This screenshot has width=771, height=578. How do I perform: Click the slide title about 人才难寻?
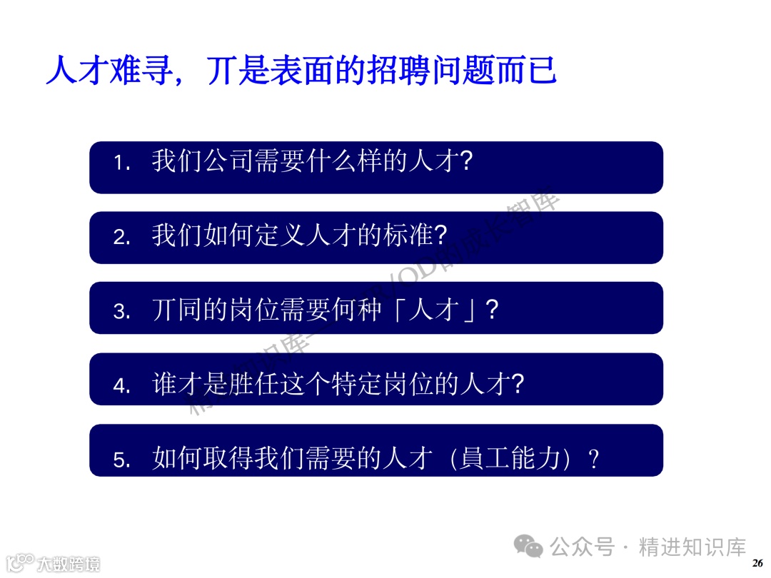[x=301, y=71]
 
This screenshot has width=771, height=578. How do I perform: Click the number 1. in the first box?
[x=122, y=163]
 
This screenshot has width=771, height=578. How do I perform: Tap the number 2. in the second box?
[x=122, y=238]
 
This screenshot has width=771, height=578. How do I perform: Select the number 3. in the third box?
[x=122, y=312]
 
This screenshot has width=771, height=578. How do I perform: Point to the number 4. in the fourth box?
[x=122, y=386]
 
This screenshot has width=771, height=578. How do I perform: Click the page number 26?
[x=757, y=562]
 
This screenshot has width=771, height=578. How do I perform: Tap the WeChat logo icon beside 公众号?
[x=530, y=547]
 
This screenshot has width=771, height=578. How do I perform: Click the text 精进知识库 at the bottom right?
[x=692, y=547]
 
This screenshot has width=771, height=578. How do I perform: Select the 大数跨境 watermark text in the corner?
[x=69, y=563]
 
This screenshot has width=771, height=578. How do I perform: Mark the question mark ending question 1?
[x=465, y=161]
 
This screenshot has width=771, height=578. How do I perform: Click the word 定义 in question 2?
[x=284, y=235]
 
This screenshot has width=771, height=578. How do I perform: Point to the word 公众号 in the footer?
[x=582, y=547]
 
